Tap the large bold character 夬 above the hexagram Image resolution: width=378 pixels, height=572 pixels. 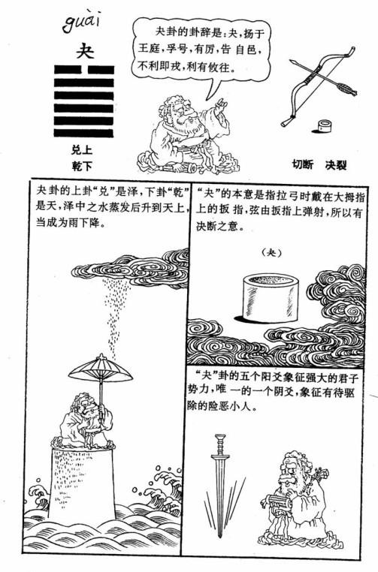tap(84, 50)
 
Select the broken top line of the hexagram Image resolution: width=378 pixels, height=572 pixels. tap(84, 70)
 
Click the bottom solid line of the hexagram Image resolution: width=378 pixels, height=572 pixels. tap(84, 133)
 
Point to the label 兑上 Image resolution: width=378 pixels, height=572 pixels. tap(81, 150)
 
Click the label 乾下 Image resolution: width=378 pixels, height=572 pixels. tap(81, 167)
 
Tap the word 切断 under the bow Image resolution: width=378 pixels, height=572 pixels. tap(302, 164)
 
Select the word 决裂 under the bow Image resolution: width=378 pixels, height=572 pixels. tap(336, 165)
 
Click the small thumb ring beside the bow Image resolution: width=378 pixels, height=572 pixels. tap(324, 127)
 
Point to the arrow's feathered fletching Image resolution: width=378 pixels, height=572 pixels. tap(346, 89)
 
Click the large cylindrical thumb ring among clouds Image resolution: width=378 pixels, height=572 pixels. tap(271, 299)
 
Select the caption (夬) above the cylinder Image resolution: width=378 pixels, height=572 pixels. tap(273, 252)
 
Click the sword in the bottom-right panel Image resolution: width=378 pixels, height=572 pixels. tap(219, 485)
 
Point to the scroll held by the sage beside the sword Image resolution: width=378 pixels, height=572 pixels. tap(277, 503)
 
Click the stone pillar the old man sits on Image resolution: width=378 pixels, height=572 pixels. tap(82, 481)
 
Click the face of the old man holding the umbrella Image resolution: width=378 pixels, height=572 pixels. tap(87, 404)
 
